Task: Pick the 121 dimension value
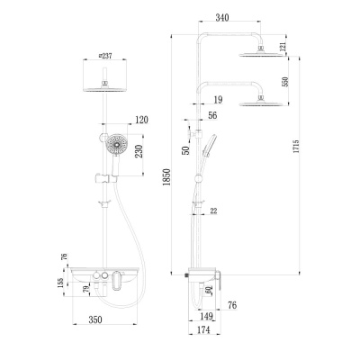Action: click(x=284, y=47)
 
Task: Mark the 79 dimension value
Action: click(x=86, y=289)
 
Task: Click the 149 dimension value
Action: click(x=205, y=316)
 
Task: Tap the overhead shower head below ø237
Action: click(x=107, y=91)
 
